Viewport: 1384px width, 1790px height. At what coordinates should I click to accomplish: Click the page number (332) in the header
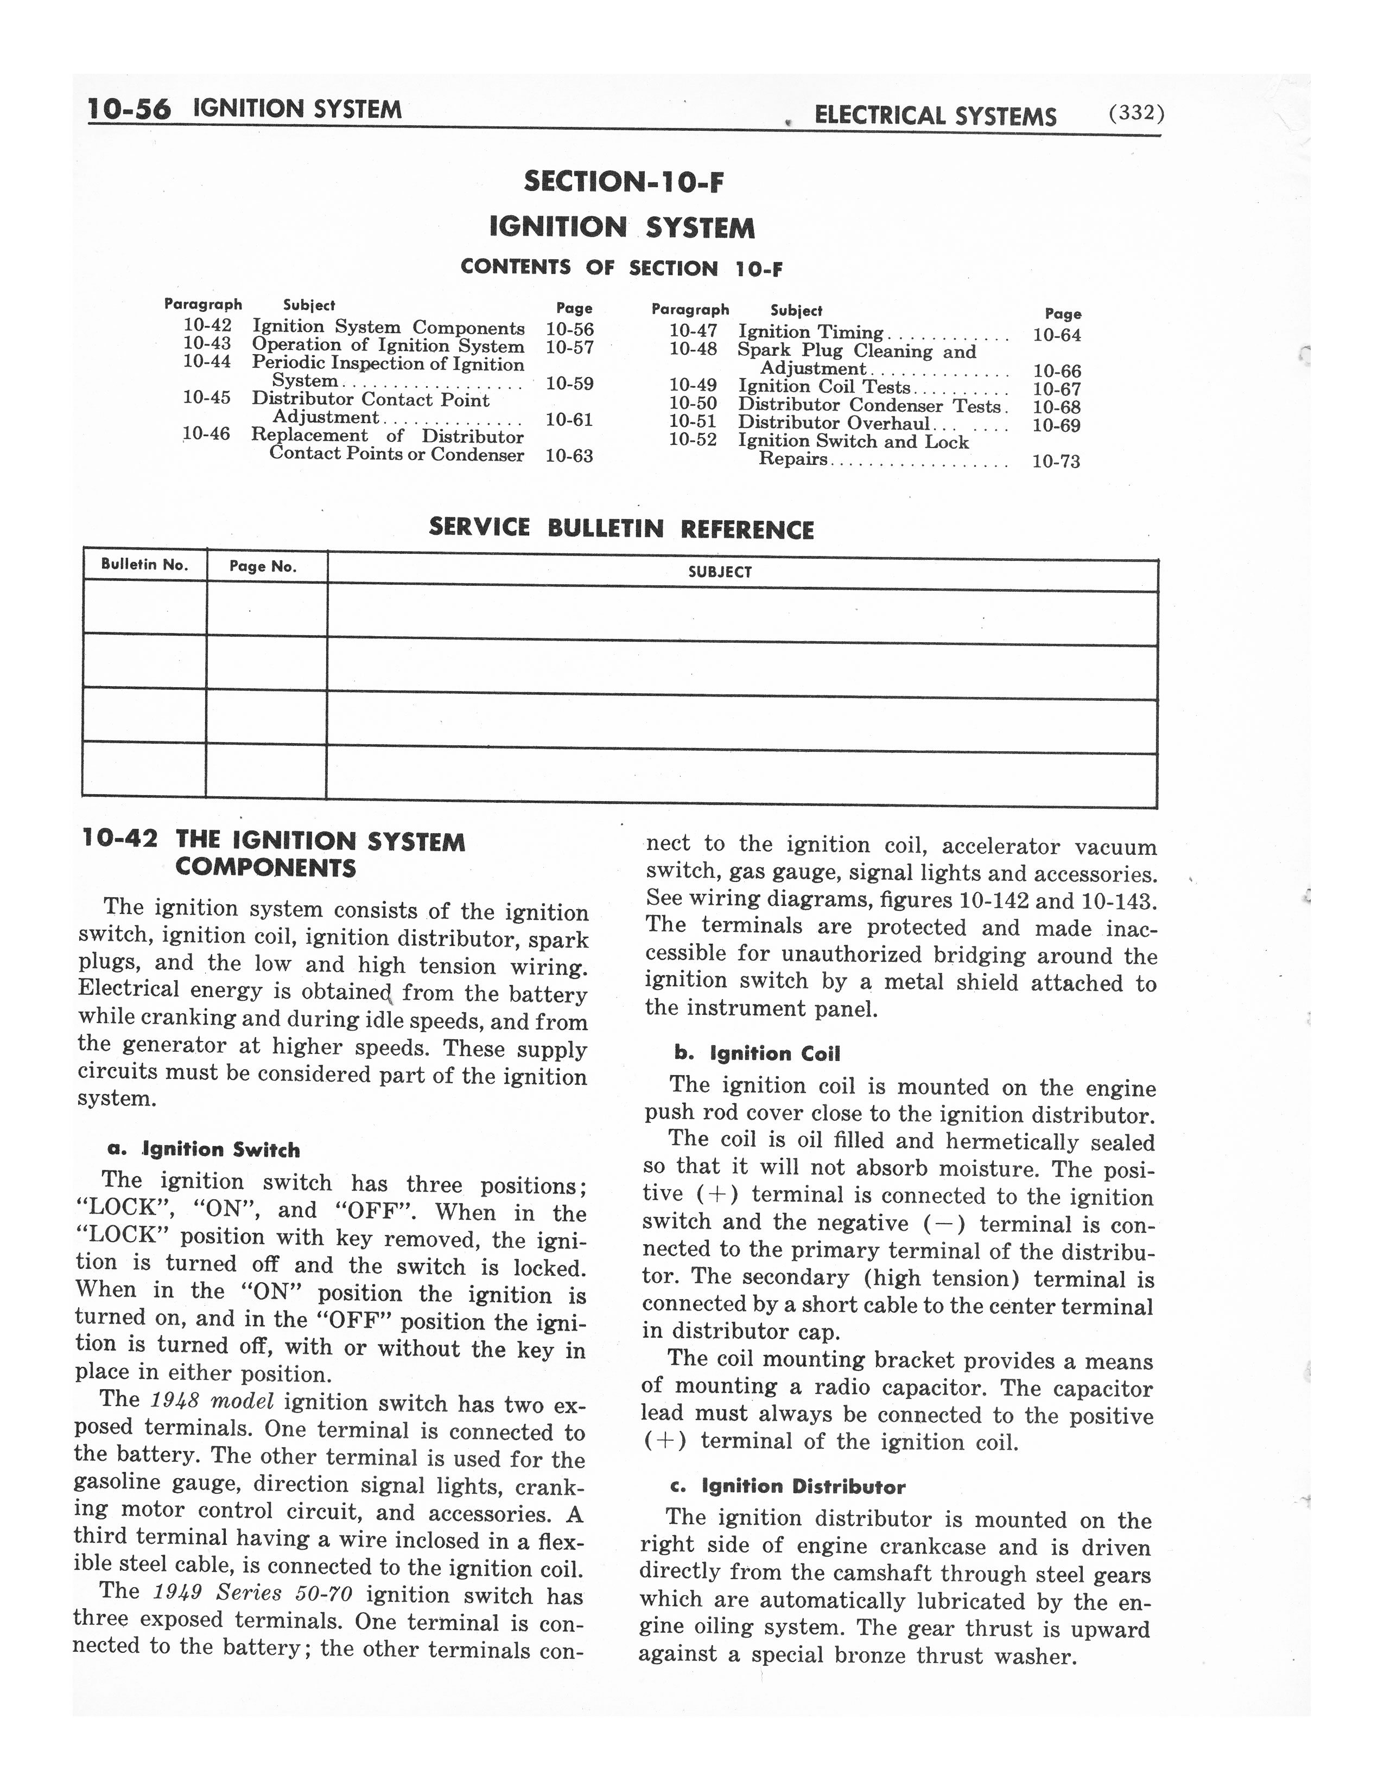click(x=1135, y=113)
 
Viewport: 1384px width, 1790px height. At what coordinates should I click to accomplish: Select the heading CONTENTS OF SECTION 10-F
click(x=621, y=267)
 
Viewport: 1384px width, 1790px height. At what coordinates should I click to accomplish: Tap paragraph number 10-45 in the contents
click(x=207, y=398)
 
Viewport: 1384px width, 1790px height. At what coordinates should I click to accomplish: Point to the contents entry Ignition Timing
click(x=810, y=332)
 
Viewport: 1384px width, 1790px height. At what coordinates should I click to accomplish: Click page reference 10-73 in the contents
click(x=1056, y=462)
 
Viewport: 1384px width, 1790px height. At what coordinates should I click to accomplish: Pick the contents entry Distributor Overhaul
click(x=834, y=423)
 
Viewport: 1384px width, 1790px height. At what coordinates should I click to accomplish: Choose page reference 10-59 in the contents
click(x=569, y=383)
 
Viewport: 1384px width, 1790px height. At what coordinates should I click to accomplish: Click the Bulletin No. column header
click(x=144, y=565)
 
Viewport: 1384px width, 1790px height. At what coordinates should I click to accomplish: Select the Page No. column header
click(x=262, y=566)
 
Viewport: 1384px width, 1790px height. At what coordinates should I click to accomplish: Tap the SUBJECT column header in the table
click(x=720, y=572)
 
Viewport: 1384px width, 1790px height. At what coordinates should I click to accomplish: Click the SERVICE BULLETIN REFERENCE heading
click(x=621, y=529)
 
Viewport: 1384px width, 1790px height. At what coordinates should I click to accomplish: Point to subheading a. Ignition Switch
click(x=204, y=1149)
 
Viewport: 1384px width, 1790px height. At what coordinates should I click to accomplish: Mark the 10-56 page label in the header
click(x=129, y=109)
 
